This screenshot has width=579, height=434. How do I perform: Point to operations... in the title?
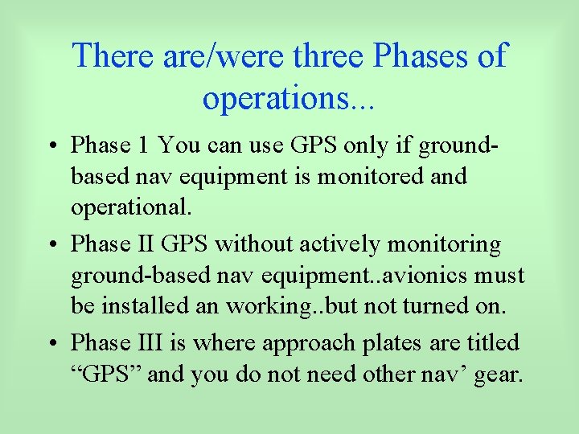click(289, 98)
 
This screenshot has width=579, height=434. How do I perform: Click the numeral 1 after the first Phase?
click(142, 145)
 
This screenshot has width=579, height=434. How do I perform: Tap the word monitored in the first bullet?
click(370, 176)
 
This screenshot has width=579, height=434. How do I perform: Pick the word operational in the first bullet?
click(129, 208)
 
